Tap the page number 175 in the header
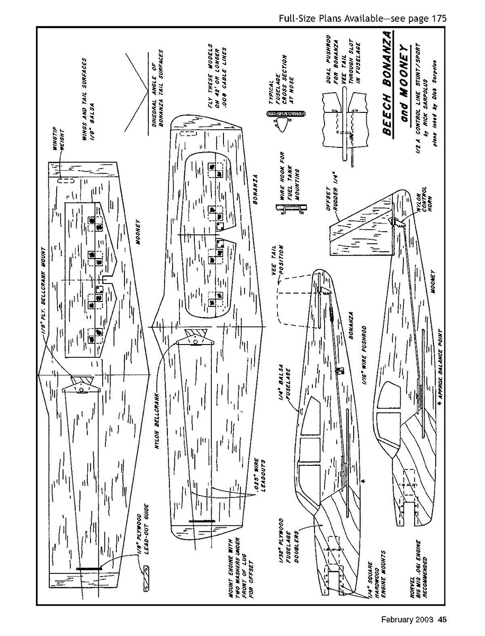(x=437, y=19)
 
